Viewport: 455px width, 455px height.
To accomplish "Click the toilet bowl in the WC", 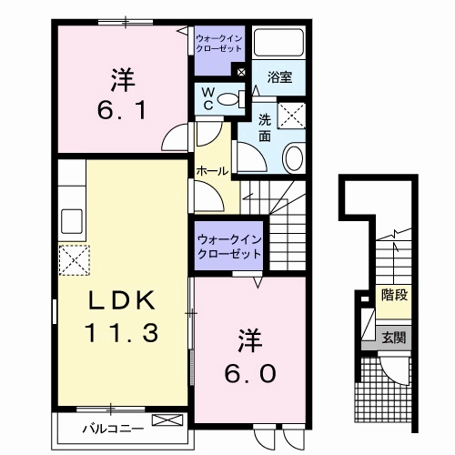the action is (228, 99).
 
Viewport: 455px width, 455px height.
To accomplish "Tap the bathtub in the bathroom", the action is (278, 43).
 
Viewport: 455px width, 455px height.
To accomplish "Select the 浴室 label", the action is (279, 77).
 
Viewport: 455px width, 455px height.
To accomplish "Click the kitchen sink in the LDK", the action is (72, 221).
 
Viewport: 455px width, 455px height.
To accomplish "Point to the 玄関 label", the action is (393, 338).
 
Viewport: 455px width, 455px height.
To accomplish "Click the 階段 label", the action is (394, 294).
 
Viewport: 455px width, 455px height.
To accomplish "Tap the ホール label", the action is (212, 171).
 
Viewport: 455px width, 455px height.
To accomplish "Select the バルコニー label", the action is (113, 429).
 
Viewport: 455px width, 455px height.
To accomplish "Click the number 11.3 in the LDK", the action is (122, 332).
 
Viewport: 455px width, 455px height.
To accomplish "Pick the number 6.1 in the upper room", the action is (122, 110).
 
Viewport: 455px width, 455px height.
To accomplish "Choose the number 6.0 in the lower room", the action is (250, 373).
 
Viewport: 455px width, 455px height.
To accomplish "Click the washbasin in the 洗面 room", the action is (293, 158).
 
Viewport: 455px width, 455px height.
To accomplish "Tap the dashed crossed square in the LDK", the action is (75, 260).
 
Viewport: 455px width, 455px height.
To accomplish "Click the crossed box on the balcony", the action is (167, 420).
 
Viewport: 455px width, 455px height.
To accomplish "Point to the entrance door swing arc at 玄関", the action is (394, 372).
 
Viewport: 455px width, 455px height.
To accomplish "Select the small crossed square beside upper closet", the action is (241, 72).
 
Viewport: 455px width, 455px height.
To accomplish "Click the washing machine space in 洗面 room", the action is (291, 116).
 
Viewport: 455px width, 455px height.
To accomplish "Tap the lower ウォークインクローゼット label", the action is (229, 247).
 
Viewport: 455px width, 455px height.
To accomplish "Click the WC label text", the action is (208, 98).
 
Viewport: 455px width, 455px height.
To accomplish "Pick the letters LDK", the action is (122, 300).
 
